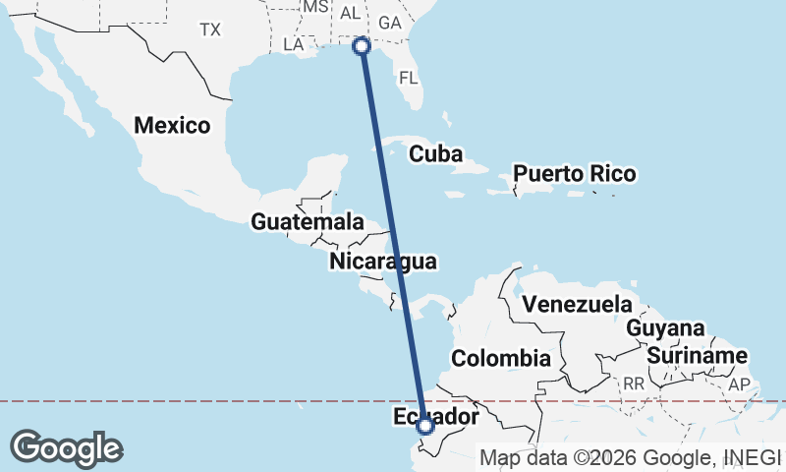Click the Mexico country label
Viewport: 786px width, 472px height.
click(x=173, y=126)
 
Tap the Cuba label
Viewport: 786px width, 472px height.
click(x=436, y=153)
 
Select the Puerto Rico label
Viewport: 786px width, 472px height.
click(x=575, y=174)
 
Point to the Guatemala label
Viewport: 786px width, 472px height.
click(x=308, y=222)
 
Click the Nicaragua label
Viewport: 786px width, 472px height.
click(x=383, y=262)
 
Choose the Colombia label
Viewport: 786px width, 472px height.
click(x=501, y=357)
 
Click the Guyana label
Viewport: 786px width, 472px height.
click(x=666, y=328)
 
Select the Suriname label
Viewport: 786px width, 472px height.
click(x=698, y=355)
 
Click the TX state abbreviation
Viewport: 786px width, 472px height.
click(x=210, y=29)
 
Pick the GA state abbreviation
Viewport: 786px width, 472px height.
click(x=390, y=22)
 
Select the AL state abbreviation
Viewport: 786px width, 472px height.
click(x=350, y=13)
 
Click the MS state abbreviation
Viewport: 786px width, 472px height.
click(x=314, y=7)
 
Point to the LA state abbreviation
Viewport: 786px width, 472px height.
click(x=294, y=44)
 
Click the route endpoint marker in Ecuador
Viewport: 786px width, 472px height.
click(x=425, y=426)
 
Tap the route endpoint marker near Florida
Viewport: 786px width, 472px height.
click(x=362, y=45)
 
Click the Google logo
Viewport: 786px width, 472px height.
click(x=67, y=448)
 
